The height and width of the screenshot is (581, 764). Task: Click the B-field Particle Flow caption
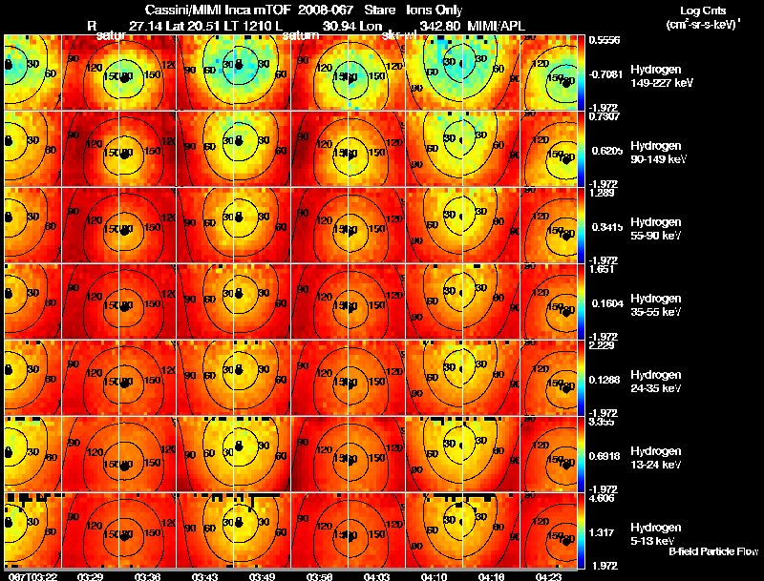tap(712, 551)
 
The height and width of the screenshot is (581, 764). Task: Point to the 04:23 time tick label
tap(547, 576)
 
